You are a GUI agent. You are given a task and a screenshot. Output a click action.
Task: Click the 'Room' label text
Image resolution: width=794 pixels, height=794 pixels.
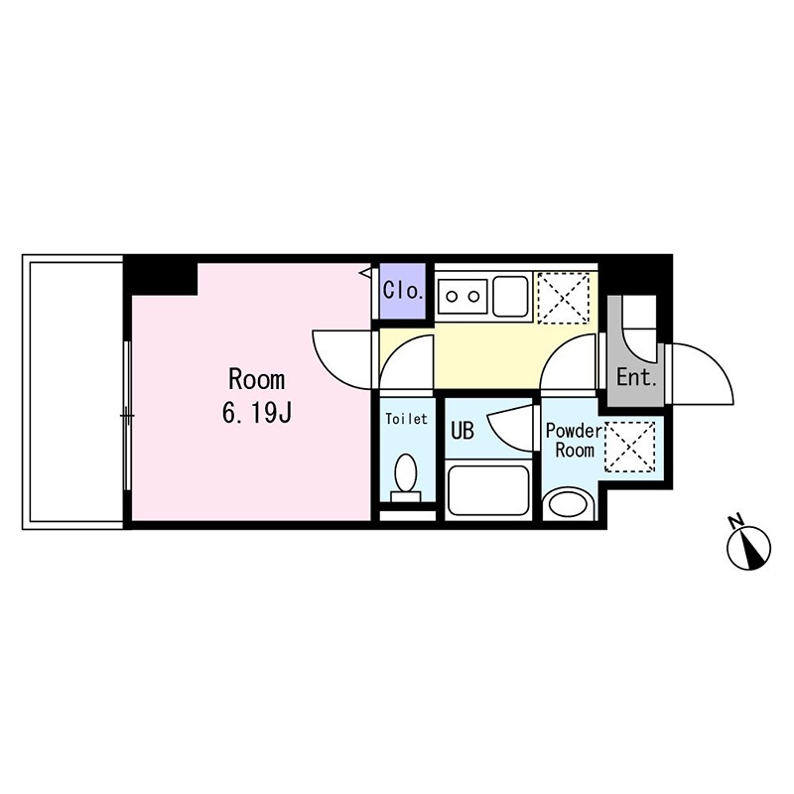[257, 378]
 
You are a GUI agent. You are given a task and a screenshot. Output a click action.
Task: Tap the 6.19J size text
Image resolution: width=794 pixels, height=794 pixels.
[257, 413]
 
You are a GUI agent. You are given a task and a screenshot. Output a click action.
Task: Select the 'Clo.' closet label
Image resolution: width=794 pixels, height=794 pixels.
[404, 293]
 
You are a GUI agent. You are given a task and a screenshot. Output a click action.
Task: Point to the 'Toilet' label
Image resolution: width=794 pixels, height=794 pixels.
[407, 419]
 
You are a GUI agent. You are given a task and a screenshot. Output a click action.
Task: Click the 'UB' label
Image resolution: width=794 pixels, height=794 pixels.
[463, 431]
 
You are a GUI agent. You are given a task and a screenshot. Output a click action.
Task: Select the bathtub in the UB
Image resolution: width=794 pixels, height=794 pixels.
[489, 489]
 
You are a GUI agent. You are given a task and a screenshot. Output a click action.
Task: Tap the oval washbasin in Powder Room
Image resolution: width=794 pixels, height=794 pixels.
[569, 503]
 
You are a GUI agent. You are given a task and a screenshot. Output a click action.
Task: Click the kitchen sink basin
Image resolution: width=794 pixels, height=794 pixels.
[510, 295]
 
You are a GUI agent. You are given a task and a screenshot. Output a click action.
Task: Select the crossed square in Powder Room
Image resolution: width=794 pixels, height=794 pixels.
[630, 445]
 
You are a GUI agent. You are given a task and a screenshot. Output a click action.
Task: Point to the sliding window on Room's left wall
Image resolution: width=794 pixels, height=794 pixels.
[127, 415]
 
